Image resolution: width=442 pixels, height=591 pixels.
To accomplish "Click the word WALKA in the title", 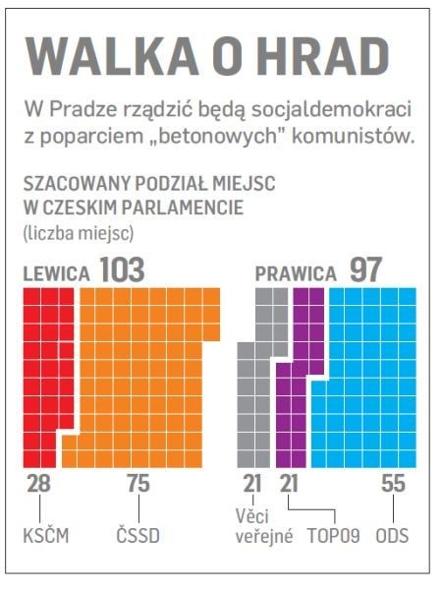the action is tap(112, 57).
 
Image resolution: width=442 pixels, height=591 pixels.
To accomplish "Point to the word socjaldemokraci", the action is tap(331, 110).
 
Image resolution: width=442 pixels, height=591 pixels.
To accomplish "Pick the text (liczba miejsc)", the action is tap(79, 233).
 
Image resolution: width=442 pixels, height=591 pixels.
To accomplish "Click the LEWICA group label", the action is tap(56, 273).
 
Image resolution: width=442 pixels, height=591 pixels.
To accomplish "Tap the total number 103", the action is tap(122, 269).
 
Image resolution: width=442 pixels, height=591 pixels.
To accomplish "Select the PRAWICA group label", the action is tap(296, 273).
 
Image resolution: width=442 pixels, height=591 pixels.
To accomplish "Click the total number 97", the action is tap(366, 269).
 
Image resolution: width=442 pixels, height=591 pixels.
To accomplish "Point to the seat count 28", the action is tap(38, 483).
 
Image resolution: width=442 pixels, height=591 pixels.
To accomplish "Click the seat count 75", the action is tap(138, 483).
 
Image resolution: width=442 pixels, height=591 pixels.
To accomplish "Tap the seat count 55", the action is tap(394, 483).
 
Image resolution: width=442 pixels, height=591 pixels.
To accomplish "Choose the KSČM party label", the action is tap(46, 535).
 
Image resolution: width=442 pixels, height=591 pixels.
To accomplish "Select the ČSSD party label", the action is tap(138, 535).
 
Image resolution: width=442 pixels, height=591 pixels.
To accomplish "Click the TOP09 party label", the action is tap(334, 536).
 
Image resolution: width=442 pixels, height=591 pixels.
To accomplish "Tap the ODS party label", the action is tap(392, 536).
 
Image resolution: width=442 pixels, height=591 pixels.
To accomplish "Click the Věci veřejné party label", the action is tap(264, 526).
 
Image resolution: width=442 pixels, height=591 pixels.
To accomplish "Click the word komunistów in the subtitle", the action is tap(354, 136).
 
